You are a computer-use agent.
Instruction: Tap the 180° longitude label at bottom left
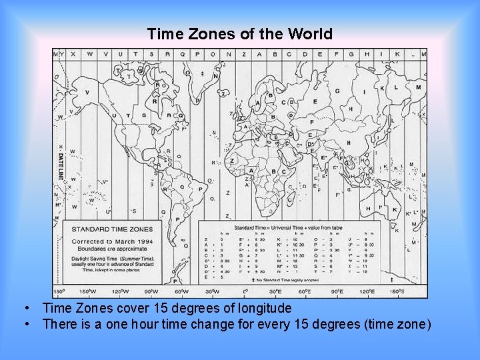(59, 292)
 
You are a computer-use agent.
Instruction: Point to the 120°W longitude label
(121, 292)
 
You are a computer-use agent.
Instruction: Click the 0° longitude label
(245, 292)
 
